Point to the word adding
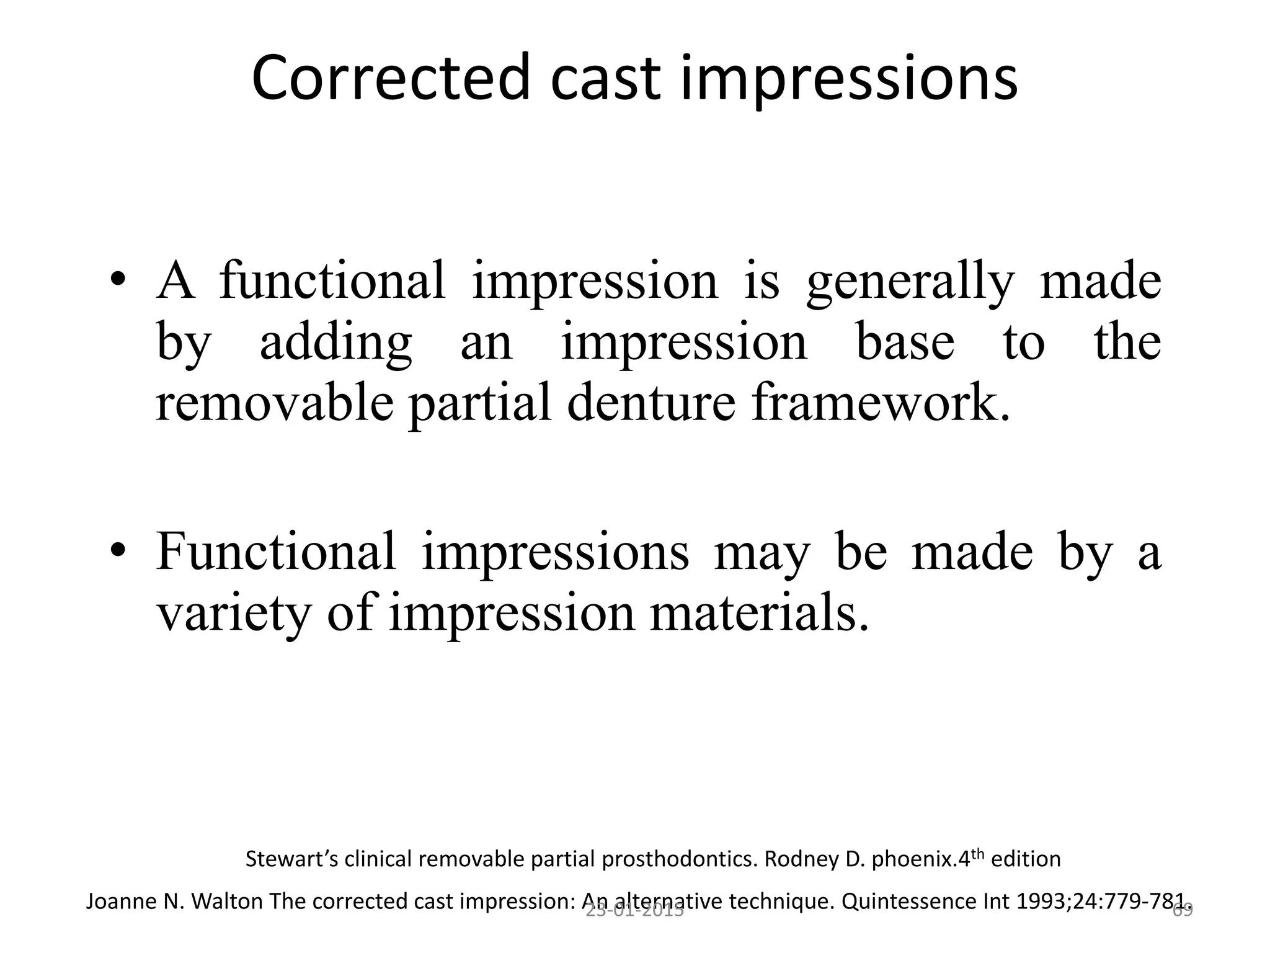point(335,342)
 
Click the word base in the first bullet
point(905,342)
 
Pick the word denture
point(651,403)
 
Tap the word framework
point(881,403)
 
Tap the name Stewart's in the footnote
point(291,859)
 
